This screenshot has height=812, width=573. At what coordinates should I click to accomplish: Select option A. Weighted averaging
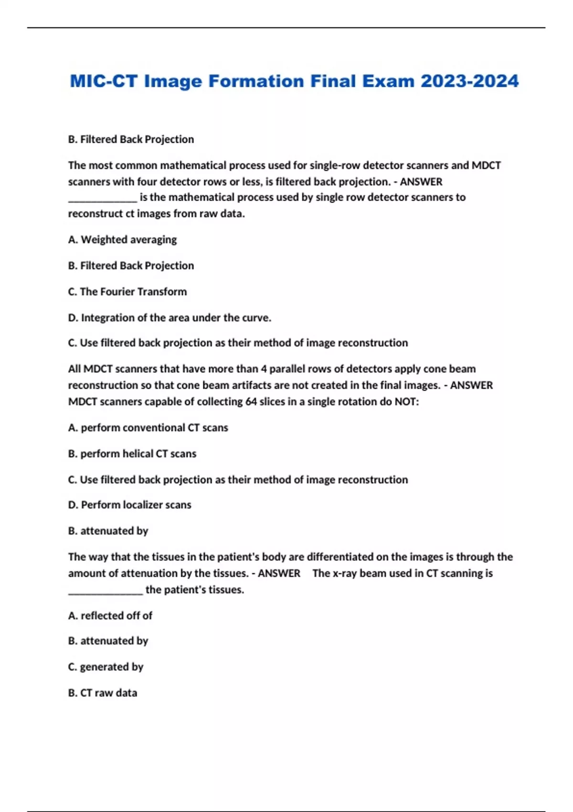122,240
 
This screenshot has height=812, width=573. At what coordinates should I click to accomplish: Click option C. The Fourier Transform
127,292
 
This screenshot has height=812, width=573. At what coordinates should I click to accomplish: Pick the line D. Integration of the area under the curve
170,318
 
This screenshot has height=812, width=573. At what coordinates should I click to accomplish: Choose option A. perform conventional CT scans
148,428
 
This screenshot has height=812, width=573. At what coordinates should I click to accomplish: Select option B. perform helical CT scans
132,454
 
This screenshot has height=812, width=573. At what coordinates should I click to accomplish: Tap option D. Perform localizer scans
129,505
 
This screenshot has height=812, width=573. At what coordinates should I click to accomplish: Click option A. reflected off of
110,616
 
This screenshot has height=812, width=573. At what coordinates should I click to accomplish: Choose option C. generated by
106,667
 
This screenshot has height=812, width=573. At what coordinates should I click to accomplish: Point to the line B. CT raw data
103,693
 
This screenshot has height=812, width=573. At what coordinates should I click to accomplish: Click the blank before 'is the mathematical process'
102,199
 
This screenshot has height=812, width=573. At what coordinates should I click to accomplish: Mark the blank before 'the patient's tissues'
105,591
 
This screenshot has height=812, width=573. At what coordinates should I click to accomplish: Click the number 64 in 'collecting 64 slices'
251,402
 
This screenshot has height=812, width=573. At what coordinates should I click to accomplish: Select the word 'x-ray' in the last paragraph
347,573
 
